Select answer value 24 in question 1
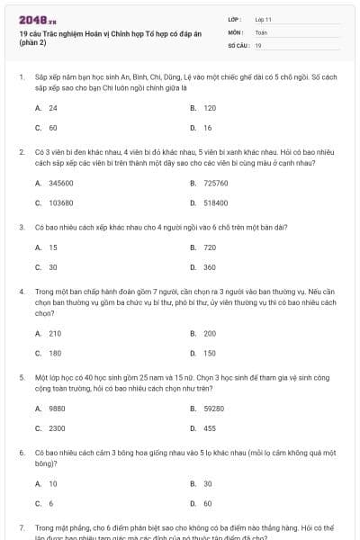click(53, 107)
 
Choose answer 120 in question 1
click(210, 107)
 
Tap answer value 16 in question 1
click(208, 128)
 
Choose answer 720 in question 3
click(210, 247)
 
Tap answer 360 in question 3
click(210, 267)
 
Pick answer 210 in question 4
click(55, 333)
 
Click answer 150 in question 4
click(210, 353)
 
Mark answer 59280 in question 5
click(213, 408)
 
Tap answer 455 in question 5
click(210, 428)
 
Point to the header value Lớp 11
click(264, 18)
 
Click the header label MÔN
click(236, 31)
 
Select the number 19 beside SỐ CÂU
click(258, 44)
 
